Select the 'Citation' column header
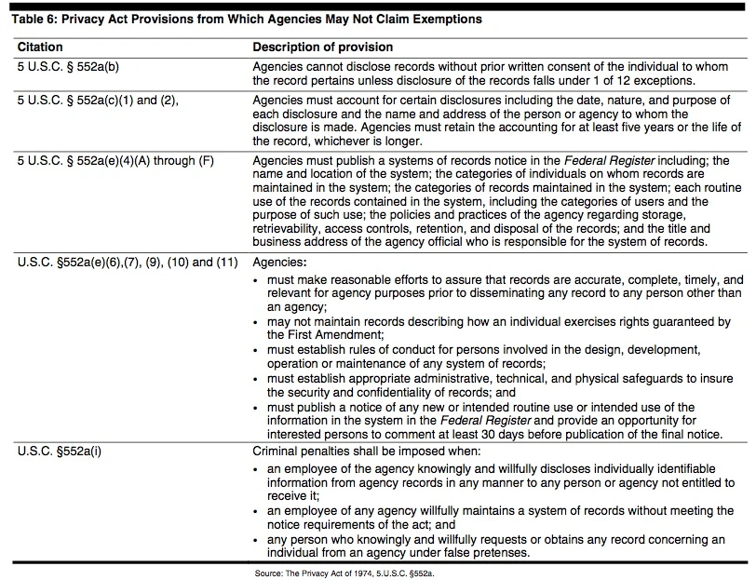40,47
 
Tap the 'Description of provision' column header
323,47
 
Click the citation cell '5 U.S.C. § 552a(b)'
71,67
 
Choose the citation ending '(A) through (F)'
115,160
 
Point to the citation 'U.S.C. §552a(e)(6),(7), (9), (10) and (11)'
128,262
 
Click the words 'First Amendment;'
311,333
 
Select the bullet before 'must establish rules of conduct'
258,350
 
